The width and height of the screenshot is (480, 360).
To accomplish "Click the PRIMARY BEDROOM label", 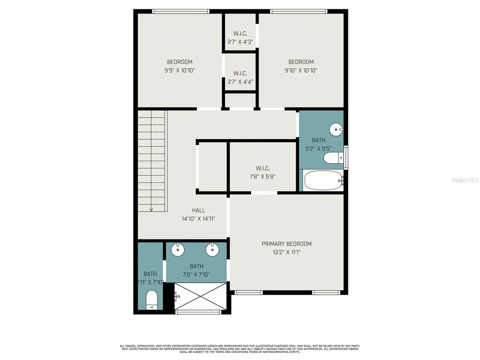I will point(286,244).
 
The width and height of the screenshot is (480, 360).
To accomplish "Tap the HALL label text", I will point(198,210).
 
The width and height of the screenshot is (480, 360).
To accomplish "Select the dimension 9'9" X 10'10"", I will point(180,70).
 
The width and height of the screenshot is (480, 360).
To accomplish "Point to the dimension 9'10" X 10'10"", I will point(301,70).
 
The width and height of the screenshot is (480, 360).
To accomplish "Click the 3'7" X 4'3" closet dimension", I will point(240,42).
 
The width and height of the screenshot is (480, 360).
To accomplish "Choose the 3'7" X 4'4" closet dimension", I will point(240,82).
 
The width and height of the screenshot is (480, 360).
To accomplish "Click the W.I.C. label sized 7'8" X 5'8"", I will point(262,168).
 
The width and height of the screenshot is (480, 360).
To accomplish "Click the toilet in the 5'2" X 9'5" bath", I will point(334,159).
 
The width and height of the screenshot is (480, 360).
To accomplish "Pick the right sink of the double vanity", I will point(213,249).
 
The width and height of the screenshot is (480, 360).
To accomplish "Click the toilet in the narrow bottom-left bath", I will point(151,300).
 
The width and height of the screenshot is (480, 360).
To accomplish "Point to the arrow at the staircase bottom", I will point(151,209).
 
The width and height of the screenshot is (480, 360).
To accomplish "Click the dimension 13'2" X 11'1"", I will point(286,252).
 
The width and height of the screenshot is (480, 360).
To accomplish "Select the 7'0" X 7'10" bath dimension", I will point(196,275).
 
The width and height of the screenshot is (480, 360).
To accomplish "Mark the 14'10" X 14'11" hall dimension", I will point(198,218).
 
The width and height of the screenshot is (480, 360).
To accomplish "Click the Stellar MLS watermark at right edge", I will point(467,180).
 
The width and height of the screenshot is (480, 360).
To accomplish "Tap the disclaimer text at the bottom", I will point(240,349).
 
